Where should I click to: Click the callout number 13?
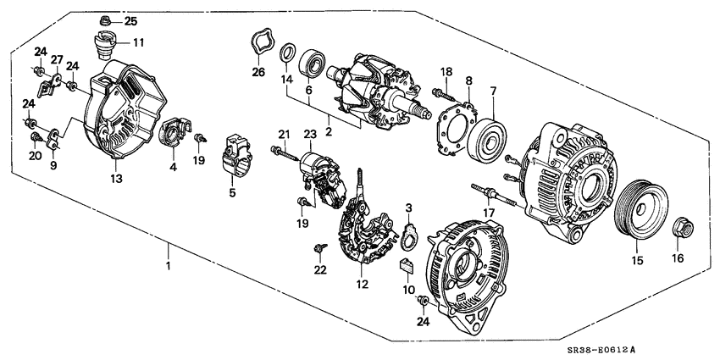click(x=115, y=178)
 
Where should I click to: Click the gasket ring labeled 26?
click(x=259, y=43)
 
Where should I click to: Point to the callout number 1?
click(x=168, y=267)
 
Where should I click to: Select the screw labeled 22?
click(x=319, y=247)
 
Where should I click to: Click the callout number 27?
click(x=57, y=59)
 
